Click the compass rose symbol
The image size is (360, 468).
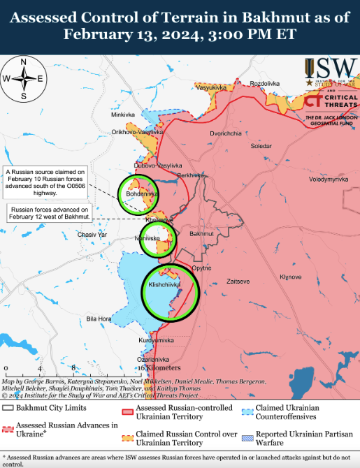point(24,79)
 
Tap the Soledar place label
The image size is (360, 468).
point(261,147)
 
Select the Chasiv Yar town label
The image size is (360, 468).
point(92,235)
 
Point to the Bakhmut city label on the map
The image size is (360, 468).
point(201,233)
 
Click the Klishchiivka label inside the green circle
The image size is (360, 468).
point(164,285)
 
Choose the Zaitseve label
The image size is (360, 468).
point(238,281)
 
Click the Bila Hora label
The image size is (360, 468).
point(99,319)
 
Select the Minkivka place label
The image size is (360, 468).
point(122,115)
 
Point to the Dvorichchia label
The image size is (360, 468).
point(226,133)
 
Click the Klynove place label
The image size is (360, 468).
point(290,277)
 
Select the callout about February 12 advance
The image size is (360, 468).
point(49,212)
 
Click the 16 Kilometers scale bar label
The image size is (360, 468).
point(159,367)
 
